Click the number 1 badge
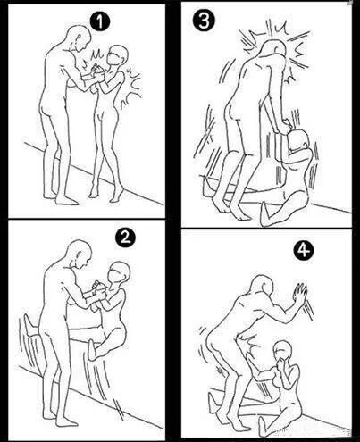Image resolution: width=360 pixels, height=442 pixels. tap(100, 21)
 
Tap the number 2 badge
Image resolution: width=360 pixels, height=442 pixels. tap(125, 238)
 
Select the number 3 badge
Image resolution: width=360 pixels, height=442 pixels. tap(204, 21)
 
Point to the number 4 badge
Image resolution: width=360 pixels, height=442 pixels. tap(304, 252)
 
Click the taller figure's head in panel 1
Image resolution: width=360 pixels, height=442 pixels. tap(80, 38)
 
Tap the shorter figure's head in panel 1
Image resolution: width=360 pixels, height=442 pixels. tap(117, 55)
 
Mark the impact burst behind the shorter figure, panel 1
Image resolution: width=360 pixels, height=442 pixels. tap(131, 88)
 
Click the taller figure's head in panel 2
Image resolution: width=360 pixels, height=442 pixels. tap(80, 253)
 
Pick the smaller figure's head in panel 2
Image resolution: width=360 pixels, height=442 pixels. tap(119, 272)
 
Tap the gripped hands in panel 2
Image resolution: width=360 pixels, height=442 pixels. tap(98, 288)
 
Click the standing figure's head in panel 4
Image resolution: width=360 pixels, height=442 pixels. tap(263, 287)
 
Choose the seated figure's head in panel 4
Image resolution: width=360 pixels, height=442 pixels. tap(283, 352)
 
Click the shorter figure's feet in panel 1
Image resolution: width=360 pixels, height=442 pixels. tap(105, 193)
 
